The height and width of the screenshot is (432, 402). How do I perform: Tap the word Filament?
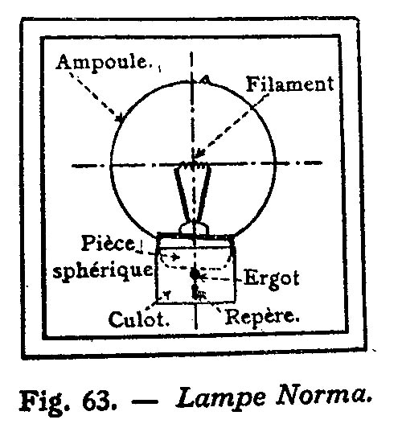coord(290,84)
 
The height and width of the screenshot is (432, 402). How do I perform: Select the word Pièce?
coord(108,243)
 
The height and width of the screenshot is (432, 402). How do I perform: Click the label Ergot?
coord(271,278)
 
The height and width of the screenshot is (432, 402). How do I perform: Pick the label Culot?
coord(139,319)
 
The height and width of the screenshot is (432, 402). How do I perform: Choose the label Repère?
coord(262,316)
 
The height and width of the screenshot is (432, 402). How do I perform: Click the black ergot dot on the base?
coord(195,274)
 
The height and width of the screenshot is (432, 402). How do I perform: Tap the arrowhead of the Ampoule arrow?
coord(119,118)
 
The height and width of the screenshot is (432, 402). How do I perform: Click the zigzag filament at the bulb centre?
coord(193,165)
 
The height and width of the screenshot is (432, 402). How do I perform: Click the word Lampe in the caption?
coord(221,399)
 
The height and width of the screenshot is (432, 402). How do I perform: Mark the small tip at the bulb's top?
coord(204,80)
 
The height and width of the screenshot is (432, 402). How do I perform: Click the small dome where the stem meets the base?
coord(194,228)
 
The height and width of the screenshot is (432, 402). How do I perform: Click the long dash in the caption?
coord(145,401)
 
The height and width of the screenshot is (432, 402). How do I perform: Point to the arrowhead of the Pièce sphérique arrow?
coord(175,257)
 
